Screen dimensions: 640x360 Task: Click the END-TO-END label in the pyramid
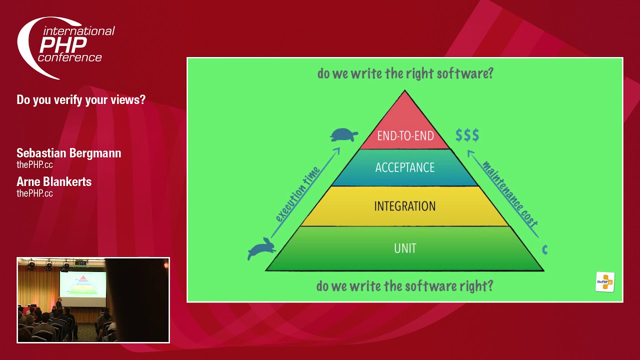pos(405,135)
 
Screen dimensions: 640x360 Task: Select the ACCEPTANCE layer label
pos(405,167)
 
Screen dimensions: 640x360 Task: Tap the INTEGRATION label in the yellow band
pos(405,206)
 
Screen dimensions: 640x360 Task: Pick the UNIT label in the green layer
pos(405,248)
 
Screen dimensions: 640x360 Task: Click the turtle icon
pos(343,135)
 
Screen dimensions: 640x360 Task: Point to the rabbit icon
pos(261,248)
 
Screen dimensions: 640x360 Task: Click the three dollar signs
pos(467,135)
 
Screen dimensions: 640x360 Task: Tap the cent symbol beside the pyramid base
pos(545,249)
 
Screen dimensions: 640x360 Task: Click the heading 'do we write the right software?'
pos(405,73)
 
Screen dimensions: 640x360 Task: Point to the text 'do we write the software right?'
pos(405,286)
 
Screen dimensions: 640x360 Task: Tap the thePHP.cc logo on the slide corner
pos(605,282)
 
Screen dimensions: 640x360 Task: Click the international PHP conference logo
pos(65,47)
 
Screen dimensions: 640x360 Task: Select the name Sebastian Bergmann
pos(69,153)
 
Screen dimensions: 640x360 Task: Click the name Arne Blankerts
pos(54,181)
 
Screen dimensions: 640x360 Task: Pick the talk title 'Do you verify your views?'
pos(81,99)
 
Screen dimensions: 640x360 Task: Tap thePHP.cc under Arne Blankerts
pos(34,193)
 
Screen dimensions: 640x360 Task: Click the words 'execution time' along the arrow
pos(297,194)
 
